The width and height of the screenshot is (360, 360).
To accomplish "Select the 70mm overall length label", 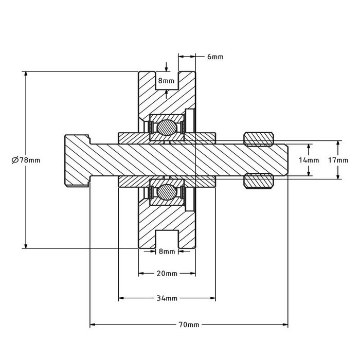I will [x=189, y=325].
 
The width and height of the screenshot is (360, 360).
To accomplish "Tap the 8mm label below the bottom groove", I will [x=167, y=251].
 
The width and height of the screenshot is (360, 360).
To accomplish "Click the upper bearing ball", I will [x=167, y=127].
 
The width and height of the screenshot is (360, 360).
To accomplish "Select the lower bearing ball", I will [x=167, y=193].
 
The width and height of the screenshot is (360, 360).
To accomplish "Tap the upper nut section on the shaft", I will [x=258, y=139].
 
